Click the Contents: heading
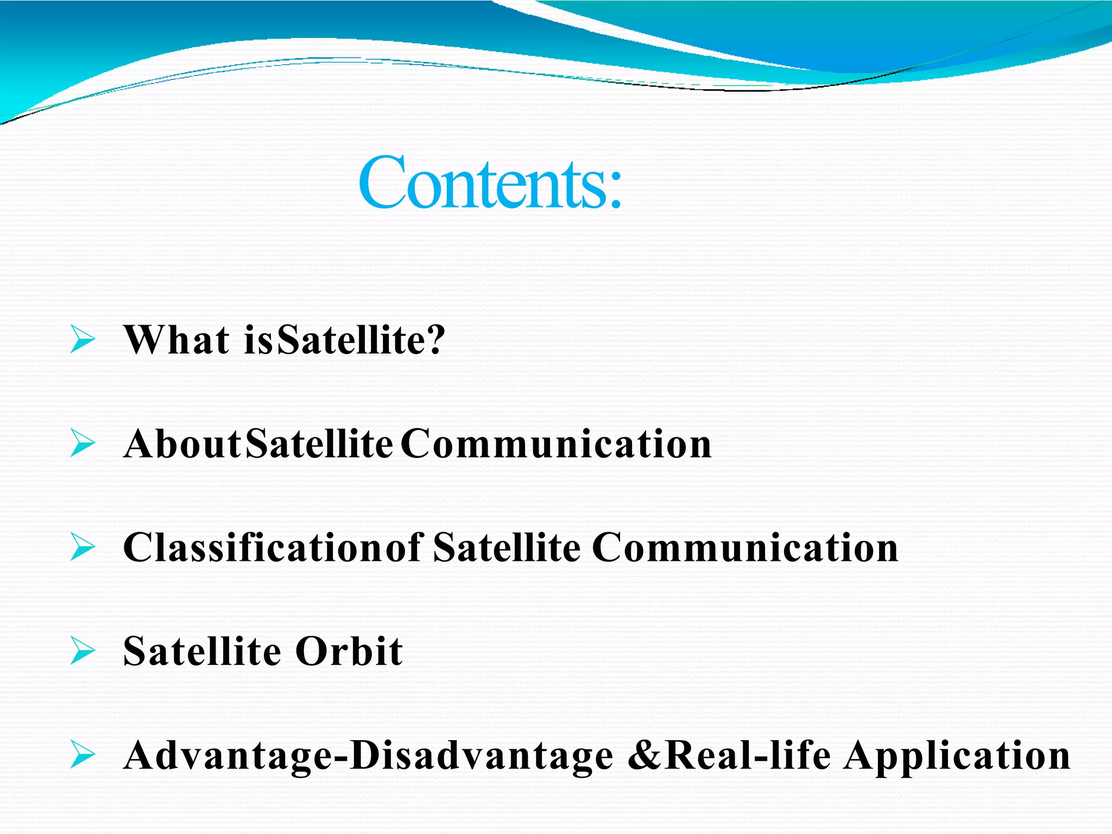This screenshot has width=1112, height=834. pyautogui.click(x=490, y=182)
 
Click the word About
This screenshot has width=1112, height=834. pyautogui.click(x=182, y=444)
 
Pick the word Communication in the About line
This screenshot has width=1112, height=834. pyautogui.click(x=556, y=444)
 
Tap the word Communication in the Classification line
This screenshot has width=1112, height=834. pyautogui.click(x=745, y=548)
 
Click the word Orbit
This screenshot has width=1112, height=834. pyautogui.click(x=349, y=652)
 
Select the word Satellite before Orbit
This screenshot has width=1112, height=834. pyautogui.click(x=201, y=652)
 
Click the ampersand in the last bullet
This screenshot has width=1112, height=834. pyautogui.click(x=644, y=756)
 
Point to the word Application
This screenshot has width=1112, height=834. pyautogui.click(x=957, y=756)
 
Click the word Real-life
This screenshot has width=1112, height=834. pyautogui.click(x=748, y=756)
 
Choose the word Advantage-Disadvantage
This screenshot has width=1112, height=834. pyautogui.click(x=368, y=756)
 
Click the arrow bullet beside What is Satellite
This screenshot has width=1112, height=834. pyautogui.click(x=83, y=340)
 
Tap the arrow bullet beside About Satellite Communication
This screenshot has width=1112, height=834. pyautogui.click(x=83, y=443)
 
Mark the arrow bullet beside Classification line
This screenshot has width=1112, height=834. pyautogui.click(x=83, y=547)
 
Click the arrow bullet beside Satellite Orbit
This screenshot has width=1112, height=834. pyautogui.click(x=83, y=651)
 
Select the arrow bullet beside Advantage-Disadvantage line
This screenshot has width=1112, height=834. pyautogui.click(x=83, y=755)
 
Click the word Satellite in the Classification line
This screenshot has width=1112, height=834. pyautogui.click(x=507, y=548)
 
